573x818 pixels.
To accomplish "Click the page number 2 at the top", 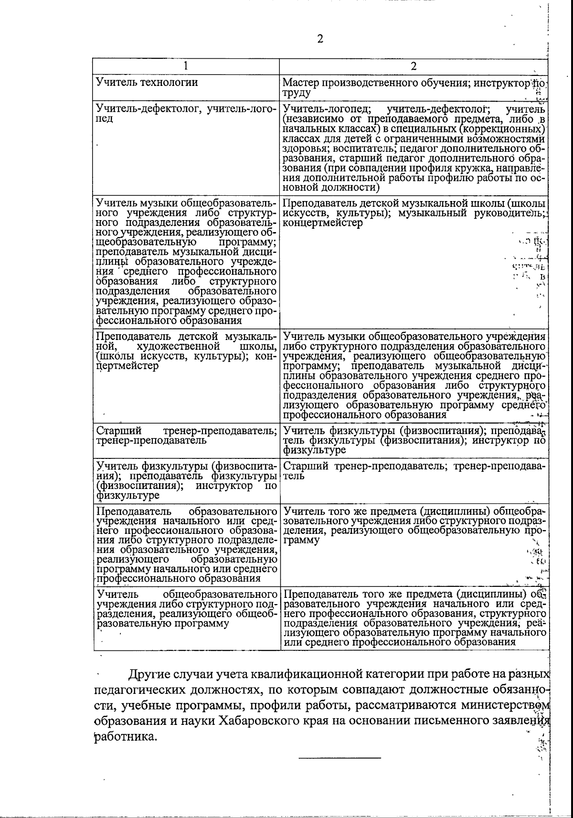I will pos(320,39).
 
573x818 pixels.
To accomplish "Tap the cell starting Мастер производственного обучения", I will pos(414,87).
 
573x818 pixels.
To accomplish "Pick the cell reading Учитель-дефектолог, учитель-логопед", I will pos(186,114).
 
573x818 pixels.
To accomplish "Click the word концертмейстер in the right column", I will pos(323,223).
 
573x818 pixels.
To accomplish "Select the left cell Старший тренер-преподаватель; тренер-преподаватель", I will pos(186,436).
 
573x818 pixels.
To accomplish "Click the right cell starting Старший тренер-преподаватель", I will pos(414,471).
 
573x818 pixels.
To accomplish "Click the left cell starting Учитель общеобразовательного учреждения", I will pos(186,609).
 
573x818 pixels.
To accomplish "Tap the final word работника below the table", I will pos(125,736).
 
